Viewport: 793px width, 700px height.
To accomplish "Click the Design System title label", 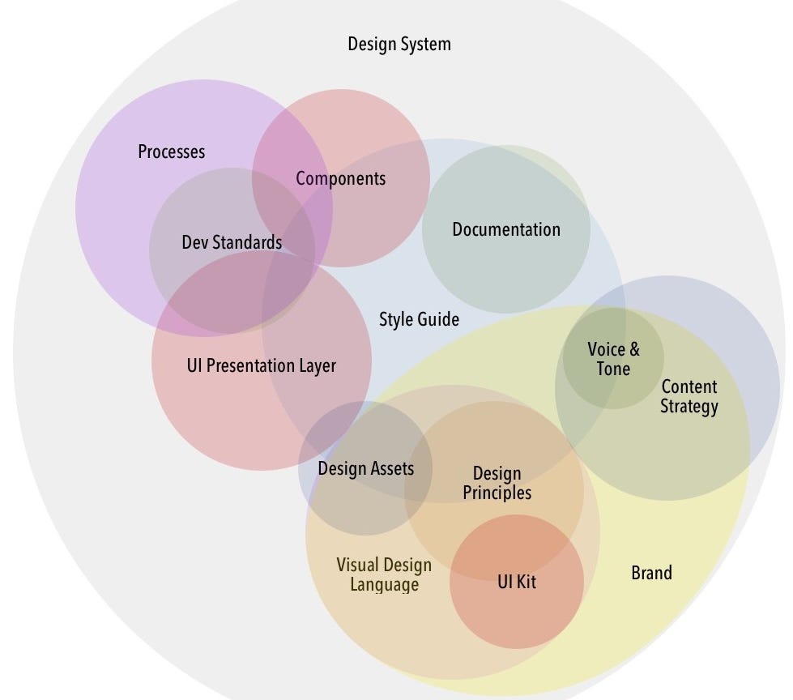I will [399, 44].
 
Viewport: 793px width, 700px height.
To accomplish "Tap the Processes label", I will [172, 152].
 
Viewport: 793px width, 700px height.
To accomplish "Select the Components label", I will [340, 178].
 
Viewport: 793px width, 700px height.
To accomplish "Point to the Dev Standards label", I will [232, 242].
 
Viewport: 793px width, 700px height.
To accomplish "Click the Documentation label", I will [506, 229].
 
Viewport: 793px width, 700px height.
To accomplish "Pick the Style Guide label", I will [419, 319].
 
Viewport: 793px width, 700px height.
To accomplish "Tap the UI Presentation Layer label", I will [261, 365].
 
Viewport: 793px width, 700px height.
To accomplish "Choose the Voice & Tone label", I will [613, 359].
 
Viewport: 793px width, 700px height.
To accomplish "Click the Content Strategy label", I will [689, 396].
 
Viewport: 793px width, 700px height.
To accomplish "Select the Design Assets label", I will [365, 468].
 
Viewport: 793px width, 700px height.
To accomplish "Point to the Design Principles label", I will [497, 483].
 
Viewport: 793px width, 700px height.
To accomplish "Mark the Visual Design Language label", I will [384, 574].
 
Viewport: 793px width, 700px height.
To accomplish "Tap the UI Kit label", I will [517, 581].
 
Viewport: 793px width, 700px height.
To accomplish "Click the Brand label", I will [651, 574].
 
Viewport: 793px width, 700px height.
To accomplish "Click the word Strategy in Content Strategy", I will [689, 407].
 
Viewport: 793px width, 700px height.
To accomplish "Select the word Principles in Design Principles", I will [497, 493].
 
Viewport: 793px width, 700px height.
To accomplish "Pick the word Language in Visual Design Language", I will [384, 584].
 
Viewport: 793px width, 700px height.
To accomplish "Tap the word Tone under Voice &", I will [613, 369].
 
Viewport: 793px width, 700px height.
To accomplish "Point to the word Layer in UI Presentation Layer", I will [316, 365].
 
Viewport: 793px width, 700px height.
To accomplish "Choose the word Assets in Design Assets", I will [392, 468].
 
